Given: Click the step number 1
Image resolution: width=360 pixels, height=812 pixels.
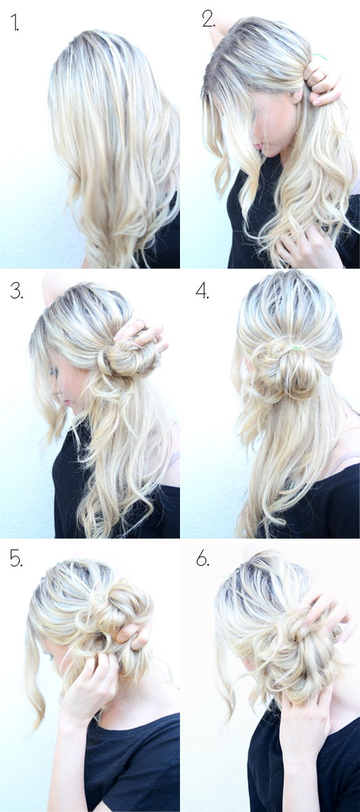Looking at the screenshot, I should point(14,24).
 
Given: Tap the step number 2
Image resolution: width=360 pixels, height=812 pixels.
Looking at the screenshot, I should point(208,20).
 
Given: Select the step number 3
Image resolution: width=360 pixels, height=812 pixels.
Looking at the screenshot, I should point(16,291).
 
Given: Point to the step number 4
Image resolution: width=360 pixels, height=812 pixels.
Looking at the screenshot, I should point(202,291).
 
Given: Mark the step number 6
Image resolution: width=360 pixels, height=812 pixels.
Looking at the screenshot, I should point(202,558).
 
